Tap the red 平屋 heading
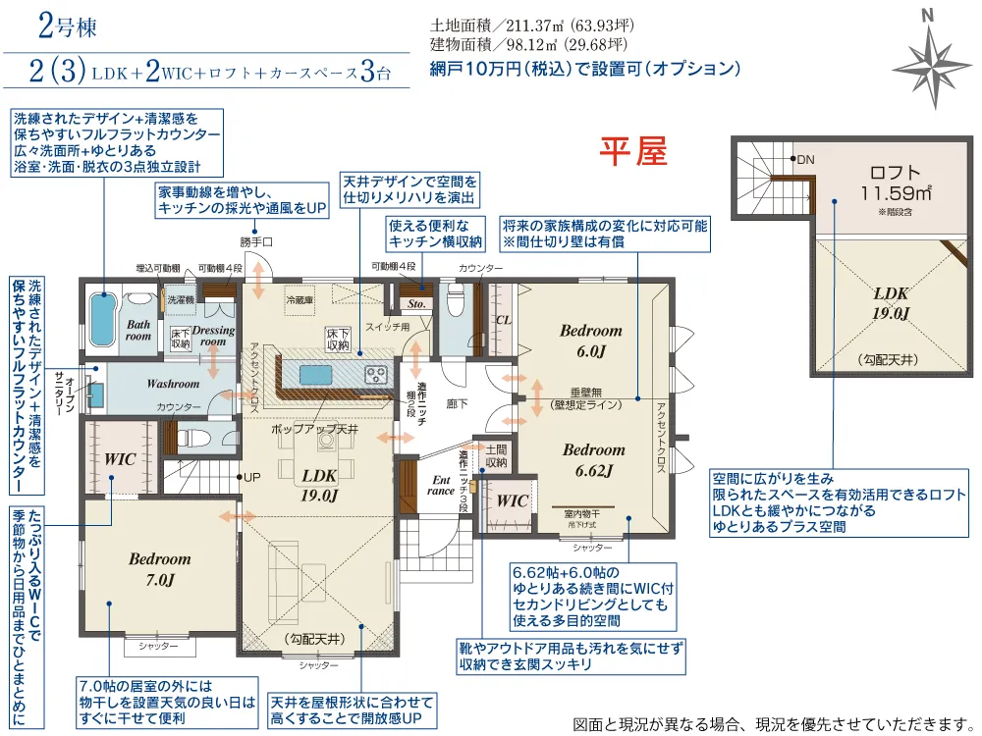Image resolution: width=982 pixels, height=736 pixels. (x=633, y=151)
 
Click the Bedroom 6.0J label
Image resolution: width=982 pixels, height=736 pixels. (x=591, y=341)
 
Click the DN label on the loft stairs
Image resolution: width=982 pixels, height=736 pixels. (x=806, y=160)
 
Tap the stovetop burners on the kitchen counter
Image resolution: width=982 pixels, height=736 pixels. (x=375, y=374)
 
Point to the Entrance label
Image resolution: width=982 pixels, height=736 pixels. (x=441, y=485)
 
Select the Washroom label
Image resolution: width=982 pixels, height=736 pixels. (x=173, y=383)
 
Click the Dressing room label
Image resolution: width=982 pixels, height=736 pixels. (x=213, y=336)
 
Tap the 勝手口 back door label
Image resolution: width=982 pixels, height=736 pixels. (x=255, y=241)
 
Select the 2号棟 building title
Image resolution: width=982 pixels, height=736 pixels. (x=68, y=26)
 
